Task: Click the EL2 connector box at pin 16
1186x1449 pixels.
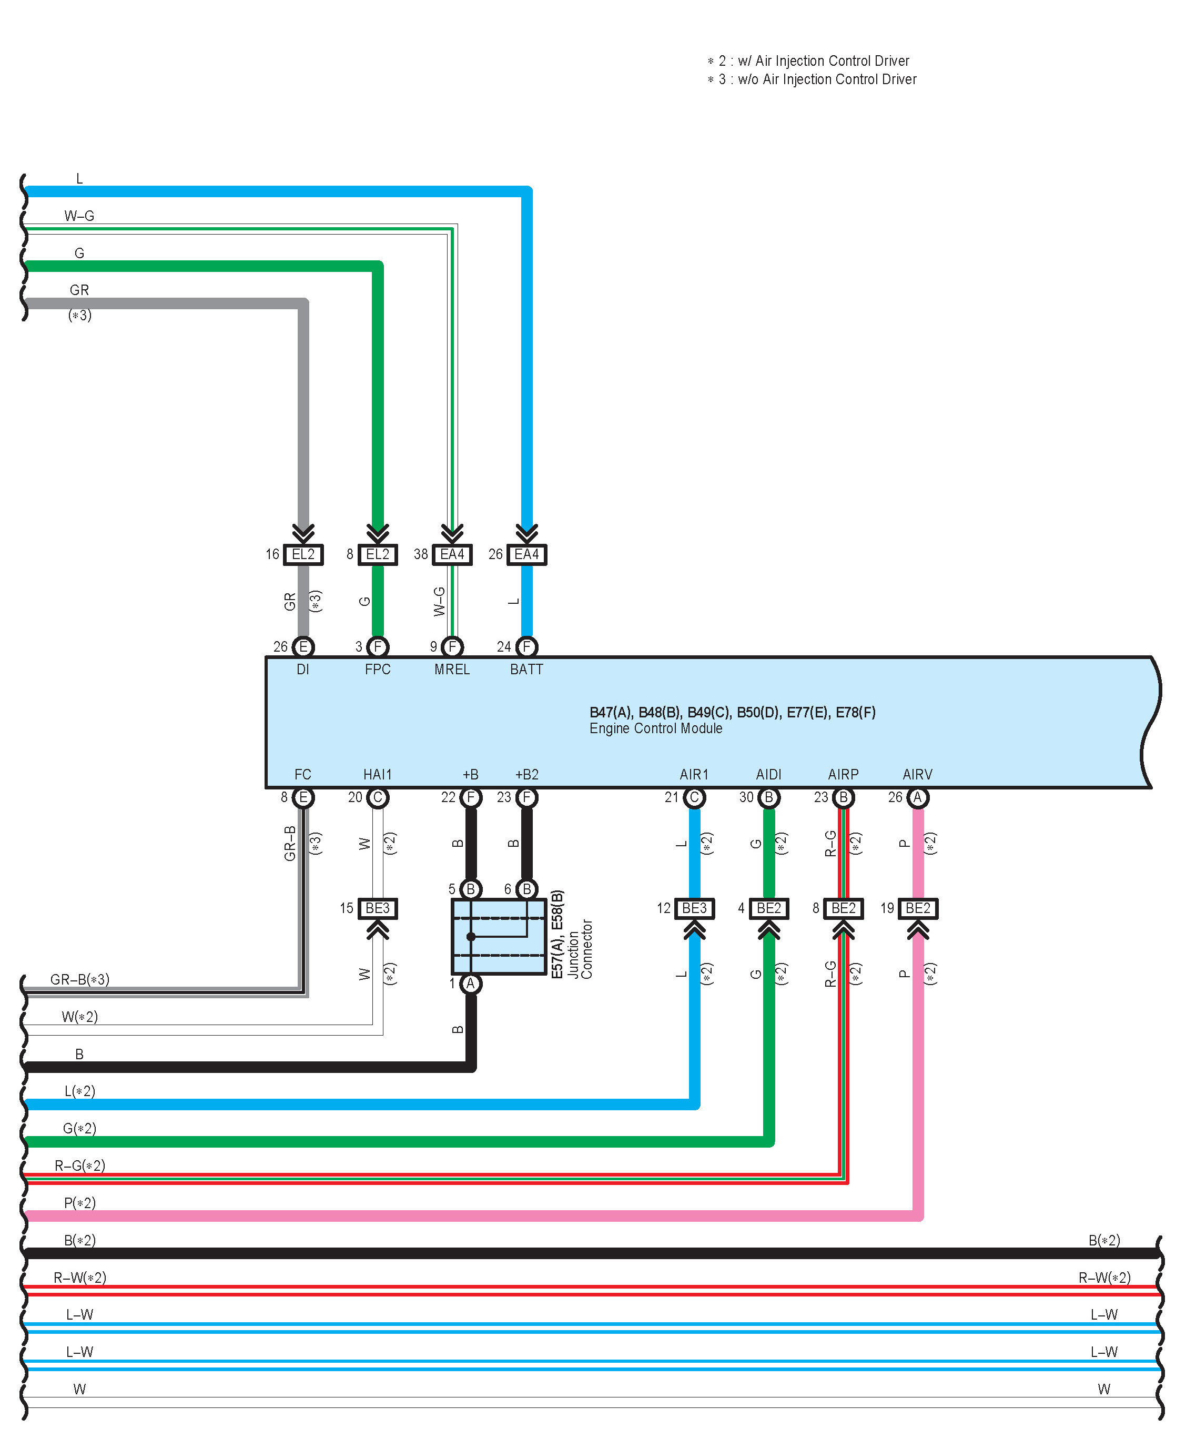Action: click(x=303, y=554)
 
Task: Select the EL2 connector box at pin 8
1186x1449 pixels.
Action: click(x=378, y=554)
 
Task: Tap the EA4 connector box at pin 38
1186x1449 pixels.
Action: click(x=452, y=554)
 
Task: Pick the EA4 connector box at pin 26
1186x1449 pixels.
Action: click(x=527, y=554)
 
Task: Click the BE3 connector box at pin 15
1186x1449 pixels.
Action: click(x=378, y=908)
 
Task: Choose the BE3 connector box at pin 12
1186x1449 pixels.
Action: click(x=695, y=908)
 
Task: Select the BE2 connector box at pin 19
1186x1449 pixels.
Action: click(x=918, y=908)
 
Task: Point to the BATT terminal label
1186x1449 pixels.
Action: click(x=527, y=670)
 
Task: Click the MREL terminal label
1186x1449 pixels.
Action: click(x=452, y=670)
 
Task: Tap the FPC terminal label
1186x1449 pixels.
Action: click(x=378, y=670)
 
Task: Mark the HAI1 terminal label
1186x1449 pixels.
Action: click(x=378, y=775)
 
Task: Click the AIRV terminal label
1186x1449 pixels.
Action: click(x=918, y=775)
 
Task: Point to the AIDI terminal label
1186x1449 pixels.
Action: click(x=768, y=775)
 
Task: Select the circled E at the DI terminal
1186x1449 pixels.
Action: click(x=303, y=646)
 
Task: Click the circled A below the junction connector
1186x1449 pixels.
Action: click(x=471, y=984)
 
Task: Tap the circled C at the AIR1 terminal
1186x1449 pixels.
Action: click(x=695, y=797)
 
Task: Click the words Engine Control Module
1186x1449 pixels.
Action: click(x=656, y=728)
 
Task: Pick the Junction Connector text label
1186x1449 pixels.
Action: click(x=580, y=949)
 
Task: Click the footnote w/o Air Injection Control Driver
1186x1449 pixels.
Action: click(x=827, y=79)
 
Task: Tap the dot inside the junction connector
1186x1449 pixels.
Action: click(x=471, y=937)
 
